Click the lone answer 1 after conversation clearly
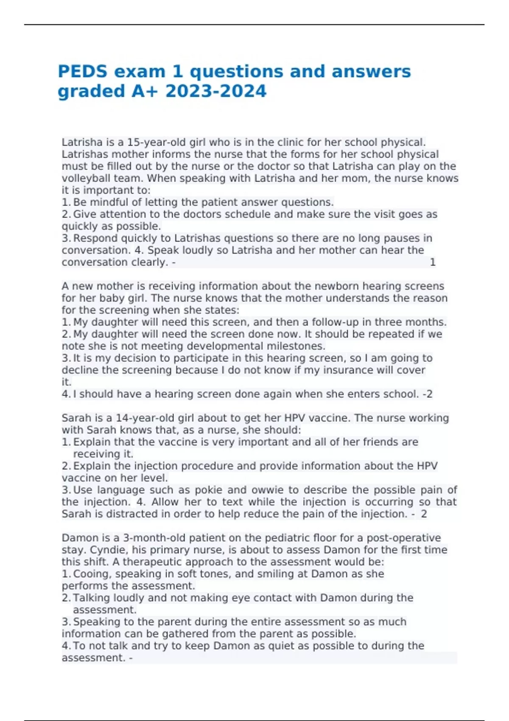[x=433, y=262]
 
